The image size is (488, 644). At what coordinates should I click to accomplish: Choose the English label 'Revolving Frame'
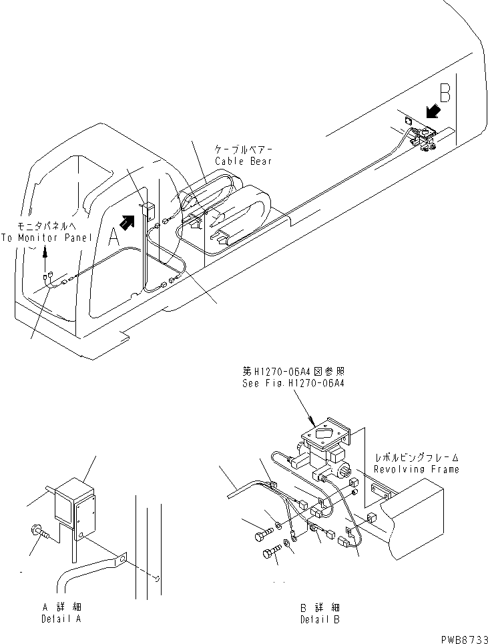(416, 469)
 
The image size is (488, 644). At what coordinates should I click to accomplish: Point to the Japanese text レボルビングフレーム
(416, 458)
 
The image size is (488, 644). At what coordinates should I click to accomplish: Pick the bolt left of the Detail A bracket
(38, 531)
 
